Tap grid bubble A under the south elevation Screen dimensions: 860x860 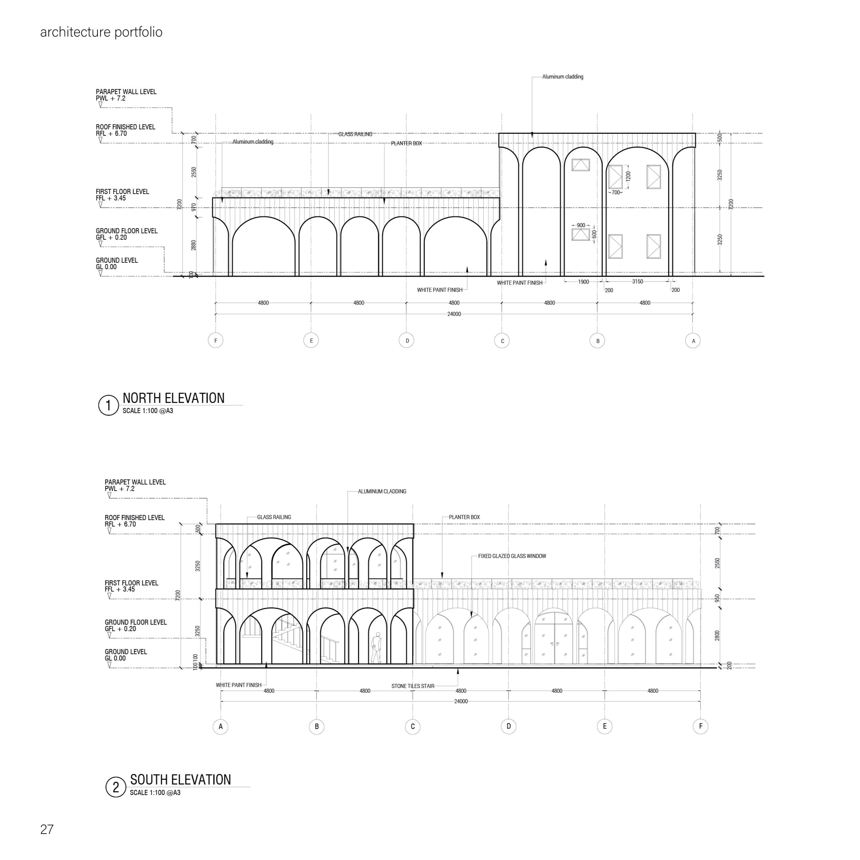(x=221, y=727)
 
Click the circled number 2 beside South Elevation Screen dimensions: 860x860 (x=116, y=788)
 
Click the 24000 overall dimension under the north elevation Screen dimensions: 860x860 (x=454, y=314)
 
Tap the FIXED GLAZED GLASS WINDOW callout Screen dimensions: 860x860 (x=512, y=556)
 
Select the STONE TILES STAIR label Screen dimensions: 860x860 (x=413, y=686)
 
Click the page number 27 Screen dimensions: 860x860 (x=47, y=829)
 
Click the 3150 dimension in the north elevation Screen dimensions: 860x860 (x=638, y=281)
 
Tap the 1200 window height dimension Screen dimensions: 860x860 (x=628, y=176)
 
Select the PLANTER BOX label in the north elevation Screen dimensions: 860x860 (x=406, y=143)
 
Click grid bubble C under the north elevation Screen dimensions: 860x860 (x=502, y=341)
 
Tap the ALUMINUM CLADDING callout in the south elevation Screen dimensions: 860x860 (x=382, y=491)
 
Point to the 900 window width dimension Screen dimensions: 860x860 (x=581, y=225)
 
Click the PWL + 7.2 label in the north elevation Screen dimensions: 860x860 (x=110, y=99)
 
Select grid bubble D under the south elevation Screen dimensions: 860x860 (x=509, y=727)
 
